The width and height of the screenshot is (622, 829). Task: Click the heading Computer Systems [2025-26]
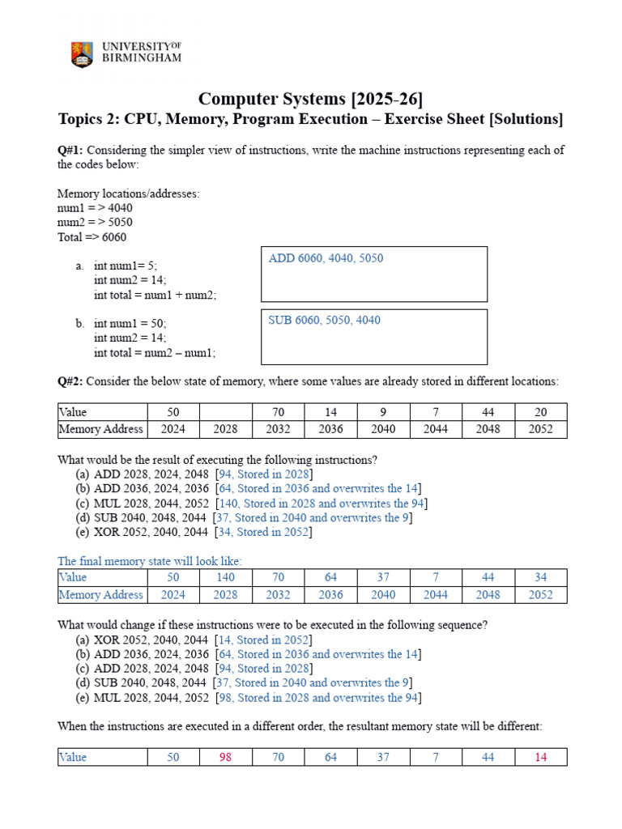pos(310,99)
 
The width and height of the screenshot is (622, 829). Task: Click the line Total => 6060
pos(92,237)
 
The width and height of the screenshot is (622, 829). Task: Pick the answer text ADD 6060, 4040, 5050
pos(326,258)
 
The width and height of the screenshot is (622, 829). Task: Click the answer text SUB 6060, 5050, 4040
pos(324,320)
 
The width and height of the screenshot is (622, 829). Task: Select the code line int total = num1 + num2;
pos(155,295)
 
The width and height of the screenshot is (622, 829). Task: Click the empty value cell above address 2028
pos(225,411)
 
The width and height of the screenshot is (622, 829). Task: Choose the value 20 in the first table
pos(540,411)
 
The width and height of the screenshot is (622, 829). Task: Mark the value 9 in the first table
pos(383,411)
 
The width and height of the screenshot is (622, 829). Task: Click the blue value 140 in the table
pos(225,577)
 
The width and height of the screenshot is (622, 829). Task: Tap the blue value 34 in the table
pos(540,577)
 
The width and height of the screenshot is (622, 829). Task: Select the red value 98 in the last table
pos(225,757)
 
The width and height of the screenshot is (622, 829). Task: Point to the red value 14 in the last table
pos(540,757)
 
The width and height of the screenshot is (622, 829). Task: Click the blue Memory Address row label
pos(101,595)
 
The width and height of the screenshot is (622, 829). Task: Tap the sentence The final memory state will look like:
pos(150,561)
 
